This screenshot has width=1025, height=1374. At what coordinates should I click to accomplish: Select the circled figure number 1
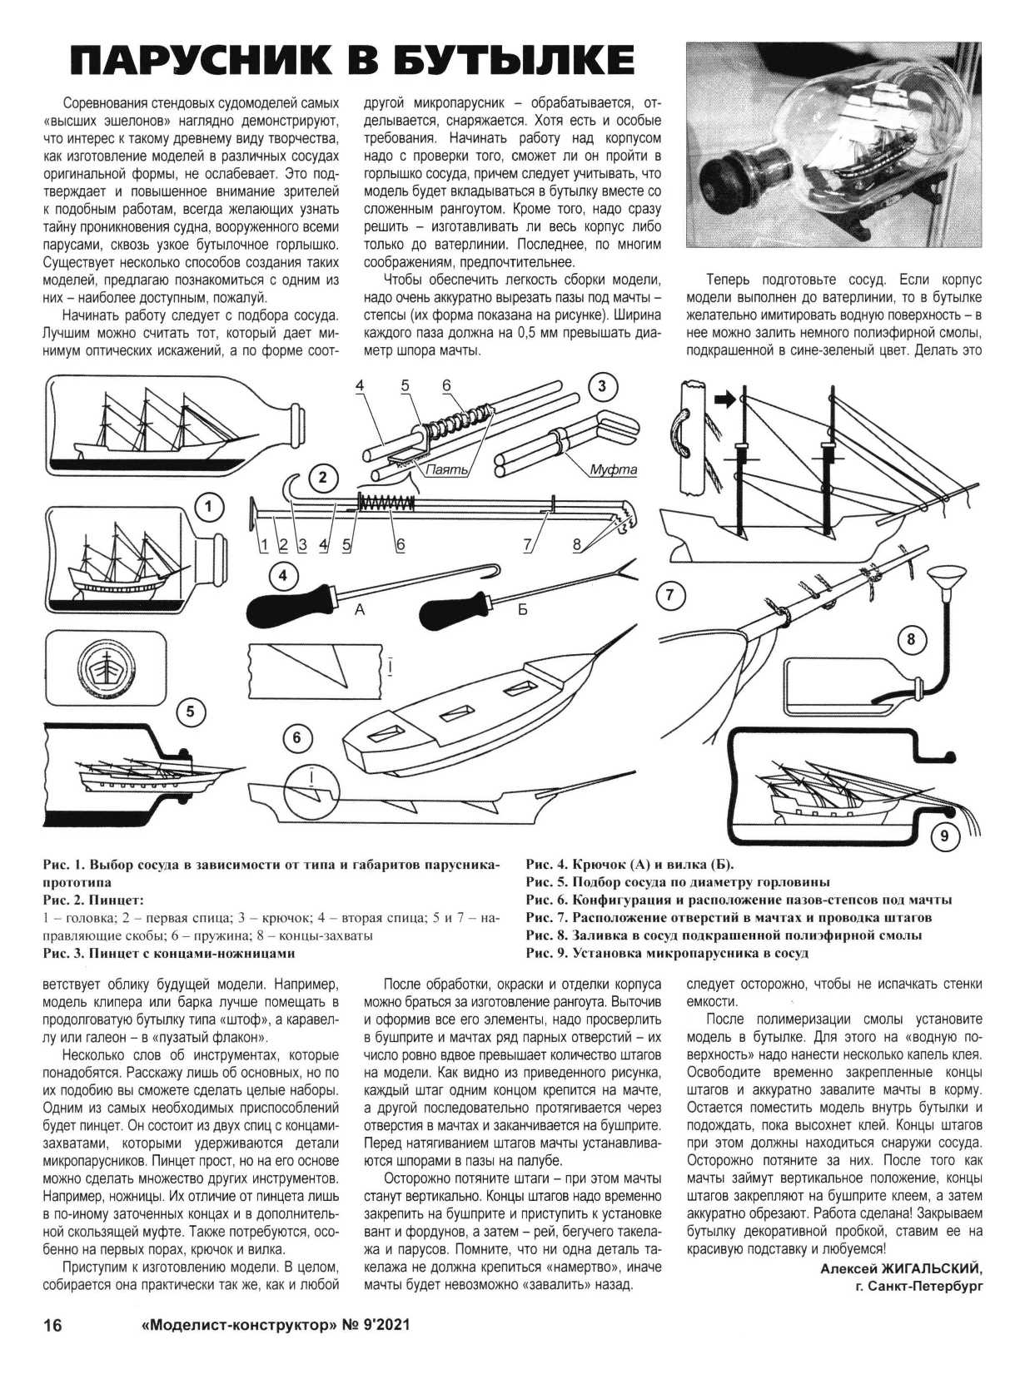209,506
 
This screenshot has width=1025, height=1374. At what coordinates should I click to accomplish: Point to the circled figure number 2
322,477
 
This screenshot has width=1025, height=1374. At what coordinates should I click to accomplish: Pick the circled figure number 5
191,712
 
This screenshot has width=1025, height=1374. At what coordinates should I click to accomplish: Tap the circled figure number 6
297,737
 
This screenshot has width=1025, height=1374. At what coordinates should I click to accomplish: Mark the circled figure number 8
911,639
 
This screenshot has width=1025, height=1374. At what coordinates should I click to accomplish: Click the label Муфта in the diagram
613,470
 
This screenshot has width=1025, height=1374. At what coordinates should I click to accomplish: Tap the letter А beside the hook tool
360,610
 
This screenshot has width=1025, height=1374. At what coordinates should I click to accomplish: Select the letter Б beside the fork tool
523,610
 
